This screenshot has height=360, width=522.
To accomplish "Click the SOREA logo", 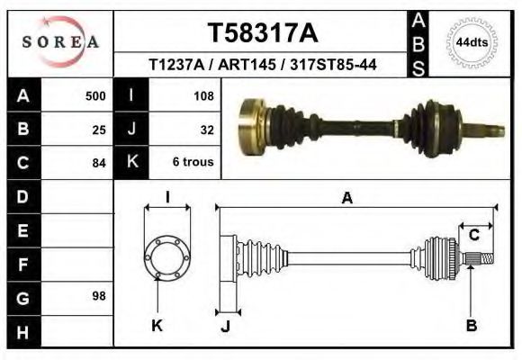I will pos(60,42).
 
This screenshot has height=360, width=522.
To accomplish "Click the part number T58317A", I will pos(262,33).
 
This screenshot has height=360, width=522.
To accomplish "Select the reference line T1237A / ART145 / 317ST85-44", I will pos(262,65).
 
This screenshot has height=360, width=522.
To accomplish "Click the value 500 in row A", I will pos(94,95).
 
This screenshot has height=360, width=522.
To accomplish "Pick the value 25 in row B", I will pos(99,129).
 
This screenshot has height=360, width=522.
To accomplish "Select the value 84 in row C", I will pos(99,163).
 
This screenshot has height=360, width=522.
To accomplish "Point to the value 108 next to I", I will pos(202,95).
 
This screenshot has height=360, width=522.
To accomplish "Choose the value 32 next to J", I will pos(206,129).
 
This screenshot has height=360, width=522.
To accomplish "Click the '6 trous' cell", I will pos(193,163).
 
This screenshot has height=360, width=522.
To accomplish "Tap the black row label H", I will pos(22,331).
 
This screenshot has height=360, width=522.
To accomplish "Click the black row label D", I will pos(22,196).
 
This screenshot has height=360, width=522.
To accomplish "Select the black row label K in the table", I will pos(131,163).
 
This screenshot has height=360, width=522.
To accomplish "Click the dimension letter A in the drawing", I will pos(346,198).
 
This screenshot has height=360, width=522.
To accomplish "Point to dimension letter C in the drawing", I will pos(473,236).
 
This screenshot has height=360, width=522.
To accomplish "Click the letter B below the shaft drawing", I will pos(471,326).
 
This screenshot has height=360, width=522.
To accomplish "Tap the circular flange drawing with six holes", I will pos(166,256).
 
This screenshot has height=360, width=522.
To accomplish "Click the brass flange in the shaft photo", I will pos(251,124).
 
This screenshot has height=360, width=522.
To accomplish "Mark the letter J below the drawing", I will pos(226,327).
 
